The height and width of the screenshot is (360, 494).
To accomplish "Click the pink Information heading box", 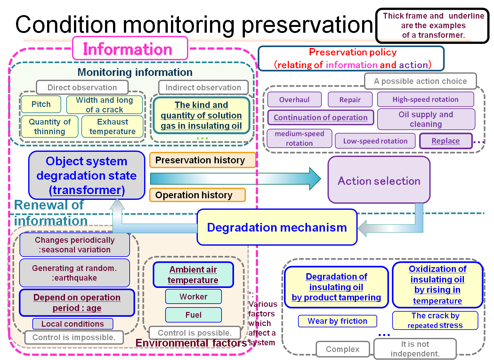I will tap(130, 49).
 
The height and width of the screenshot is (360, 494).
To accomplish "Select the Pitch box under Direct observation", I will tap(41, 104).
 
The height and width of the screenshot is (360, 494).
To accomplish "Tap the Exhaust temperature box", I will tap(112, 127).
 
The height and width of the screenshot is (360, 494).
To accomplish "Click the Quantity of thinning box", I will tap(50, 127).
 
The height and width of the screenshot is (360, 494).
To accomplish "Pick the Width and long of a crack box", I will tap(104, 105).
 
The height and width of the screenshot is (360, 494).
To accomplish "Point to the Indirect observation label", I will tap(203, 87).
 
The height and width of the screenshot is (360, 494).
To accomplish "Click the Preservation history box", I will tap(202, 160).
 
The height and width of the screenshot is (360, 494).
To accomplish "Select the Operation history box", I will tap(197, 195).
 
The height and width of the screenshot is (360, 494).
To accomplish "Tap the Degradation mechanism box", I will tap(277, 227).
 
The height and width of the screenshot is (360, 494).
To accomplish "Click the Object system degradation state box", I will tap(87, 176).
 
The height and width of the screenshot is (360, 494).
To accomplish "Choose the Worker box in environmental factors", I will tap(193, 297).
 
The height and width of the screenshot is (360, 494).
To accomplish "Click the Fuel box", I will tap(193, 315).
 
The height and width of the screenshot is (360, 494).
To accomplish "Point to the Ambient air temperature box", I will tap(193, 275).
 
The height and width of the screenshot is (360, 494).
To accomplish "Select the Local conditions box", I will tap(73, 324).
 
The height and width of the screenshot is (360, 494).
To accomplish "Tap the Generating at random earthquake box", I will tap(75, 273).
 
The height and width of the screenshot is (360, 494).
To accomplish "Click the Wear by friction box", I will tap(337, 321).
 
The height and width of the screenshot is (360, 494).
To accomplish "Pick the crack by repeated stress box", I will tap(435, 320).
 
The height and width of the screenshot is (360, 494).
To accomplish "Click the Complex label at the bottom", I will tap(343, 349).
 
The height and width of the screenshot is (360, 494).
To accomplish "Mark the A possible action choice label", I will tap(420, 81).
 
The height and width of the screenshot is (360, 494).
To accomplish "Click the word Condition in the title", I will tap(66, 25).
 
